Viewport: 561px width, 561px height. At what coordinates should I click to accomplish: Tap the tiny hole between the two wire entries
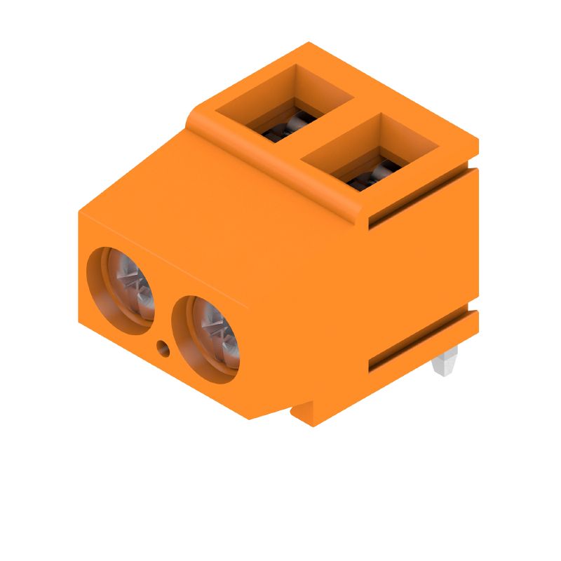[163, 346]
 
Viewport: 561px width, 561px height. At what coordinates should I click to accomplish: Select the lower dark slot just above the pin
[421, 344]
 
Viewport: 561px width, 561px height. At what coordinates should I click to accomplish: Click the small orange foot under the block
[309, 414]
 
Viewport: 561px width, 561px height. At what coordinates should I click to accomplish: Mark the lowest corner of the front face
[250, 419]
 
